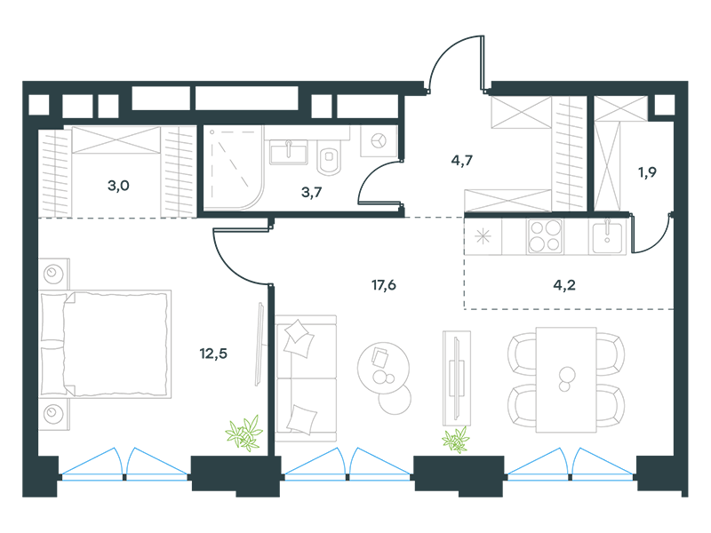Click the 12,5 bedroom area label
tap(213, 354)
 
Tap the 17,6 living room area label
tap(384, 285)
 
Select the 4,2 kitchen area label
tap(564, 285)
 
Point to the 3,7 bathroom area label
tap(312, 192)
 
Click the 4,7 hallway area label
tap(461, 160)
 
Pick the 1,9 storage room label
tap(647, 172)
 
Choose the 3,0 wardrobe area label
tap(118, 186)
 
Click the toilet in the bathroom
tap(329, 157)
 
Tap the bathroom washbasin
tap(288, 152)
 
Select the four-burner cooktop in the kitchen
tap(545, 236)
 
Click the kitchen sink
tap(607, 236)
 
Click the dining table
tap(566, 380)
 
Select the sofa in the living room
tap(306, 378)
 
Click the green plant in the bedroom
tap(244, 434)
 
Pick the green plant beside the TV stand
tap(456, 440)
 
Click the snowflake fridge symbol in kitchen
tap(483, 236)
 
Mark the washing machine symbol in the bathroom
tap(379, 141)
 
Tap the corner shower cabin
tap(233, 168)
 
